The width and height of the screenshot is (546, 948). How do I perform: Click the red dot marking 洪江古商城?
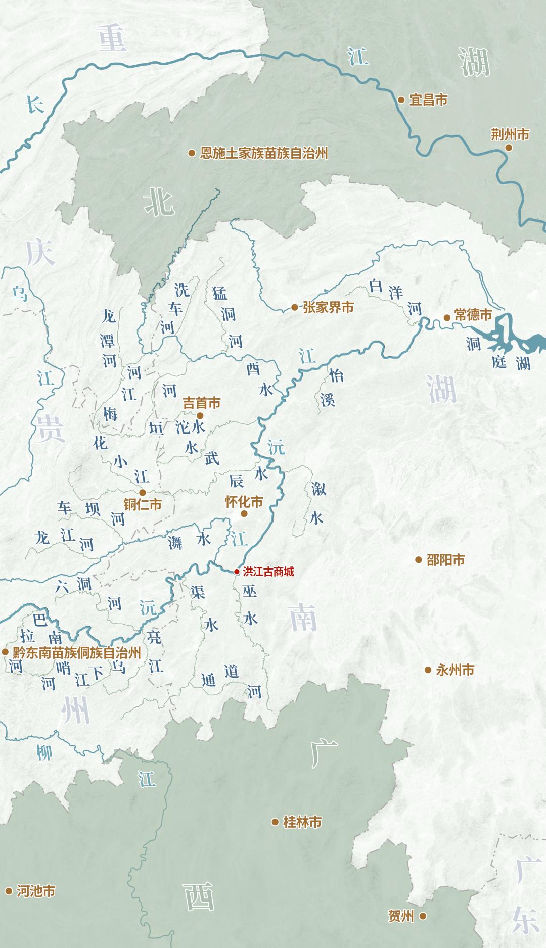pos(237,572)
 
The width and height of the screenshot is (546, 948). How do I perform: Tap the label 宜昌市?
pos(428,100)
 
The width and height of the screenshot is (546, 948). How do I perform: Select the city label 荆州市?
pos(510,135)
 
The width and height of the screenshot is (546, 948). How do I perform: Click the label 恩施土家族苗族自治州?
pos(264,153)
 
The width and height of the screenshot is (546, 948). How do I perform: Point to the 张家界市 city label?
pos(328,307)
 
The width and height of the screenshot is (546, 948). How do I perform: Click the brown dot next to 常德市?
pos(447,318)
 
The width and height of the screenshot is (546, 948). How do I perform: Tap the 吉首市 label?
pos(202,403)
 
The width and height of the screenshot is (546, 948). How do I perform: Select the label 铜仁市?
pos(143,504)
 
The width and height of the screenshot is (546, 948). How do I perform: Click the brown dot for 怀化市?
pos(244,513)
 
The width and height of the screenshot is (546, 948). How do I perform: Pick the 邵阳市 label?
pos(445,560)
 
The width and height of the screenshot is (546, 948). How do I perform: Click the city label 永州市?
pos(455,670)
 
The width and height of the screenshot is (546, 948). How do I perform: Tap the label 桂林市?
pos(302,822)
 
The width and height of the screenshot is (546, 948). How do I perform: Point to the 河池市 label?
pos(36,891)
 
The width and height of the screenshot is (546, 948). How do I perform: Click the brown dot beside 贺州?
pos(423,916)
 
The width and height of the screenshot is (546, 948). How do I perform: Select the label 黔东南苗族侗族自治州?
pos(76,652)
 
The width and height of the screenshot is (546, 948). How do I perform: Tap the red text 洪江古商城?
pos(268,572)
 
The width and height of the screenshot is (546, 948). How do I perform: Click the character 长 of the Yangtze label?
pos(35,105)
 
